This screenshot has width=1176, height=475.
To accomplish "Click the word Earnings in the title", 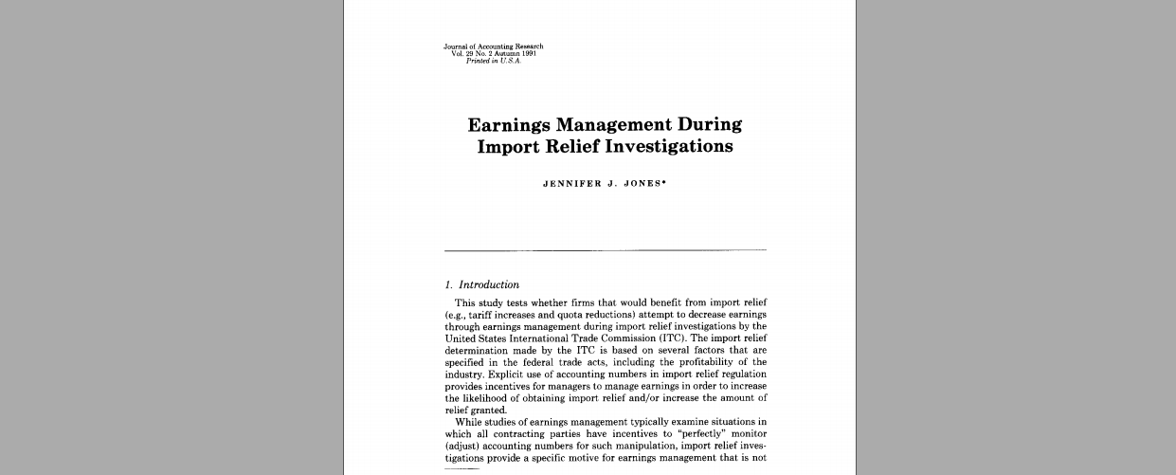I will click(510, 125).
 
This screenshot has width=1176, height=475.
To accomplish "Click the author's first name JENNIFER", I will click(572, 184).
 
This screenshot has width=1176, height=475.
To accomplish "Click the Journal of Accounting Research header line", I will click(493, 46).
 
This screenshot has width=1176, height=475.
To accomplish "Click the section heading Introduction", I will click(489, 284).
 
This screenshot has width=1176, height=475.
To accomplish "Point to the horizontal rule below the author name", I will click(606, 250).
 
